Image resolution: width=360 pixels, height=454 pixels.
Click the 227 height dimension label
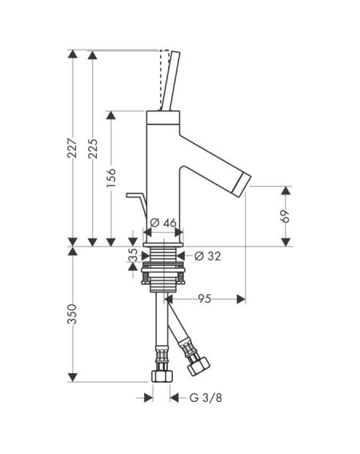point(72,148)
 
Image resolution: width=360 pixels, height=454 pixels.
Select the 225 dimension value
point(93,149)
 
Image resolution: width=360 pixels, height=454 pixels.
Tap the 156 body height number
point(111,178)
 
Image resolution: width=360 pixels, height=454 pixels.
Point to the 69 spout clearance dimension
point(285,216)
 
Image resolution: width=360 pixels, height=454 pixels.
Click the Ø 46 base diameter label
point(163,223)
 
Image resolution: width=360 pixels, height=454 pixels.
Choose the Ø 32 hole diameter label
point(207,256)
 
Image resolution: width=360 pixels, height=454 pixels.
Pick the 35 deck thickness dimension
point(133,255)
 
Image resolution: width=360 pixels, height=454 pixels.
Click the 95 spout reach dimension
point(205,299)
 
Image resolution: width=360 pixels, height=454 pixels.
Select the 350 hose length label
point(72,314)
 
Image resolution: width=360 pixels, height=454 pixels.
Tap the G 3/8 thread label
point(206,397)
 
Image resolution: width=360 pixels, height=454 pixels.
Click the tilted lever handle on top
point(171,81)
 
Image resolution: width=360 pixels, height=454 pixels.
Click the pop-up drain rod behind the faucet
point(137,205)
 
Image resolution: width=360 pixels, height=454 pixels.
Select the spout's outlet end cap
point(242,185)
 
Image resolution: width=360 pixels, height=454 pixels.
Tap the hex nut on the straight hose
point(162,376)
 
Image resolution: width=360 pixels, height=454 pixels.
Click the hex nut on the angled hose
point(198,366)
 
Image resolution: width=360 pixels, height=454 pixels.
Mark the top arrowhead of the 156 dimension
point(111,115)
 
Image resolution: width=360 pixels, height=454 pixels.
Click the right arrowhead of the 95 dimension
point(241,299)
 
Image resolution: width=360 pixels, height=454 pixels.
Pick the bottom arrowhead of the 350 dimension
point(72,377)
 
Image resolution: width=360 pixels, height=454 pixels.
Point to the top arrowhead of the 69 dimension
point(286,191)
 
